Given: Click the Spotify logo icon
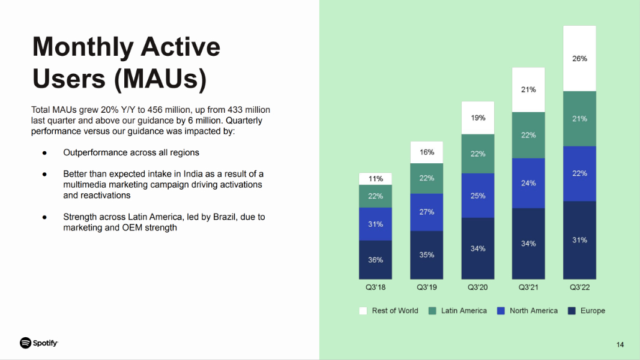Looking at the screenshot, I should pos(25,343).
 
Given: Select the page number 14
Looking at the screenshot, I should pos(620,344).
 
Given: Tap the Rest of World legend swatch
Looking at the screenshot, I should pos(363,311).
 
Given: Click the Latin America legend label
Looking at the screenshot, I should pos(463,311).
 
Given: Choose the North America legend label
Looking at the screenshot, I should pos(533,311).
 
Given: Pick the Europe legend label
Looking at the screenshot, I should pos(593,311).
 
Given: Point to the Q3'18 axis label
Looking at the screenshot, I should pos(375,287).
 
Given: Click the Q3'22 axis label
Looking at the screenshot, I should pos(579,287).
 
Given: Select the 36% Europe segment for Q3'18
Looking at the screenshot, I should pos(375,260).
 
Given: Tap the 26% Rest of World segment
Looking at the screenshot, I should pos(579,59).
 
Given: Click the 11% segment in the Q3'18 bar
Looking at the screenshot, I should pos(375,179).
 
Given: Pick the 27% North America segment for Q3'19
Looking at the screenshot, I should pos(426,212).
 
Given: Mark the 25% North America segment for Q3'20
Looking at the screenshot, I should pos(478,196).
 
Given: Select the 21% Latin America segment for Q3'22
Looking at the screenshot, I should pos(579,119).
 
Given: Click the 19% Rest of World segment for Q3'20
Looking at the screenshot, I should pos(478,118).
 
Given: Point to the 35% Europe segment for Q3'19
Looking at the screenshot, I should pos(426,255).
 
